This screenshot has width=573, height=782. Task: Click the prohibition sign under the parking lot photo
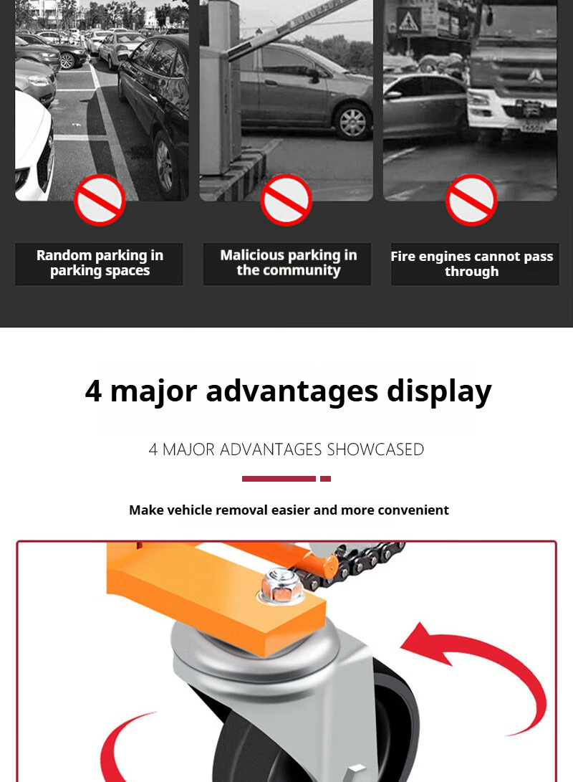tap(99, 199)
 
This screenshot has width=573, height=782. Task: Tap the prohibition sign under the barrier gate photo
tap(286, 199)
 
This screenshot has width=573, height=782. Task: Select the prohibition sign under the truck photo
tap(471, 199)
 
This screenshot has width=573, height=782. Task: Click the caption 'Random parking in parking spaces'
tap(100, 263)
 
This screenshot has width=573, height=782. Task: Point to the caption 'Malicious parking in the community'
tap(289, 263)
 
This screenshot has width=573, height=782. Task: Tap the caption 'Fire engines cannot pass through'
tap(472, 264)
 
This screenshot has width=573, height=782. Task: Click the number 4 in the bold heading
tap(93, 391)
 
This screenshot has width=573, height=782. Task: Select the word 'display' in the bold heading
tap(439, 392)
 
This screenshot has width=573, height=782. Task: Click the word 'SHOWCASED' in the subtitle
tap(375, 449)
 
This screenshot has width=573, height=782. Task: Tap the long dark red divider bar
tap(279, 479)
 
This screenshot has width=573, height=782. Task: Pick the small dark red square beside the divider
tap(325, 479)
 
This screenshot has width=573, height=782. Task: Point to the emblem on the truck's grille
tap(534, 76)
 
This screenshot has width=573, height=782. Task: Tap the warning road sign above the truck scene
tap(408, 21)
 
